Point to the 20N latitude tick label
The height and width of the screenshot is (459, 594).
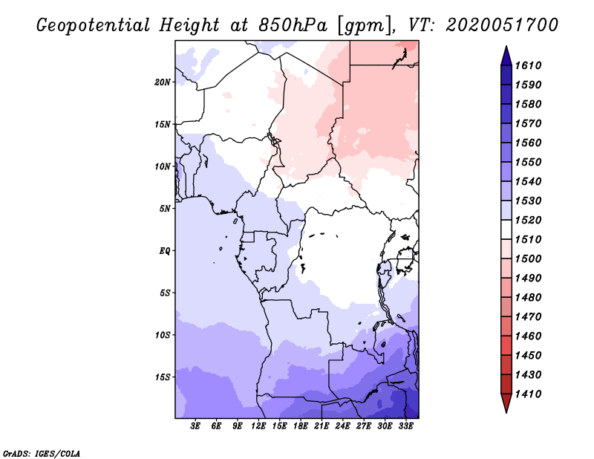[x=163, y=82]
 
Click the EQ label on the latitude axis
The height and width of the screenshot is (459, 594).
[x=165, y=250]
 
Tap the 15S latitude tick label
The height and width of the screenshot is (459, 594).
[x=163, y=377]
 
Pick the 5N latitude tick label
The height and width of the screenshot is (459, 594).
[x=165, y=209]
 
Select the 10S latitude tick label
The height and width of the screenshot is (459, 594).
[x=163, y=335]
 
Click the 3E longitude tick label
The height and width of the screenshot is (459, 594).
[x=196, y=426]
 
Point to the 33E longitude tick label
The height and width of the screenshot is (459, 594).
[x=405, y=426]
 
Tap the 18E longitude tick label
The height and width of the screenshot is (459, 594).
[x=301, y=426]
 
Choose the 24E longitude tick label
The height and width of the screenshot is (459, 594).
[x=342, y=426]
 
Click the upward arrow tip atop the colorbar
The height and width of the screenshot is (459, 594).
[x=505, y=48]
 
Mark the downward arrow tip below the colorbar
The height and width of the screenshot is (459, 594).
[x=505, y=411]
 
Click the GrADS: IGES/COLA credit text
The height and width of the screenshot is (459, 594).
[x=41, y=452]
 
